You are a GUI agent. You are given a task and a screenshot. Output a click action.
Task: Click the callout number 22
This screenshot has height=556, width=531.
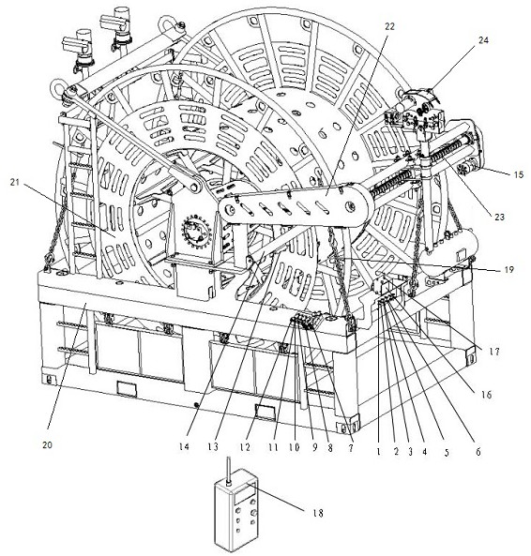coord(389,26)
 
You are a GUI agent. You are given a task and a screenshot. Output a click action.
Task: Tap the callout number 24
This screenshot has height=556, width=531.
coord(483,40)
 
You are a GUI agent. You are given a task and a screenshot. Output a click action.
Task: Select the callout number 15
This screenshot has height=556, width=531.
coord(518,174)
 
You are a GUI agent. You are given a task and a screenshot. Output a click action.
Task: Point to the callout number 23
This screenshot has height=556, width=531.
coord(499,217)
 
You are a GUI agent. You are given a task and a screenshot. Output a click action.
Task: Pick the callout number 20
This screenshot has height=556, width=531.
coord(47,444)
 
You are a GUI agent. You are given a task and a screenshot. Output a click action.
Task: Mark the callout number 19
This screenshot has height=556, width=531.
coord(509,270)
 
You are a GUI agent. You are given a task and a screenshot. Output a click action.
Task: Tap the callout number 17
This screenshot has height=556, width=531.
coord(494,352)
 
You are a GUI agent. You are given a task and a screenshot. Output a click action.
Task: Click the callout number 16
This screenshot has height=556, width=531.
coord(487,395)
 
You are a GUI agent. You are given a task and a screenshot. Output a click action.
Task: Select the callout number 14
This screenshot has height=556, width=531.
coord(184,447)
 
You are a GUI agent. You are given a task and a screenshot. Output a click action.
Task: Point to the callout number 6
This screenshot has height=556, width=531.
coord(478,452)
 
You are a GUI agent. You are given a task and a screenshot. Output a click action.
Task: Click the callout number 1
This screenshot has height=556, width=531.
coord(378,452)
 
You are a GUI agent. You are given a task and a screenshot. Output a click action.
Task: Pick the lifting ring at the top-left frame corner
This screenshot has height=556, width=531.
coord(57,86)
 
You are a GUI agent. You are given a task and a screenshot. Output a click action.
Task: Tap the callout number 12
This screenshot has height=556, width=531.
coord(245,447)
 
